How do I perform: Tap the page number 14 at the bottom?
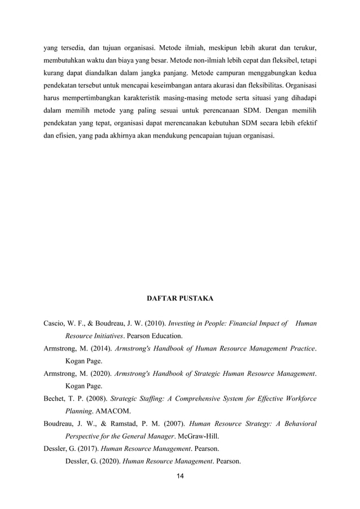pos(180,476)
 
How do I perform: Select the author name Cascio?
pos(56,324)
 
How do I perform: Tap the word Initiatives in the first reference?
pos(113,336)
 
